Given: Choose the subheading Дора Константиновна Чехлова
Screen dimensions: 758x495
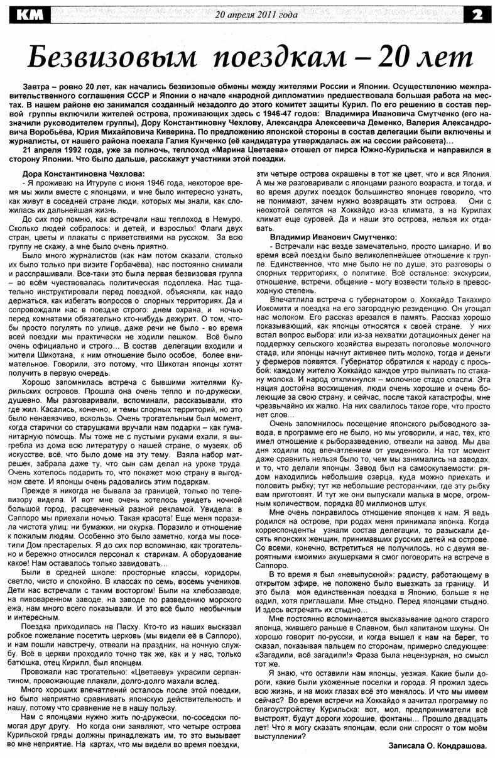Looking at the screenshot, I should pyautogui.click(x=83, y=173).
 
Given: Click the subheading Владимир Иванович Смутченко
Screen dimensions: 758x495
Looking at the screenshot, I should pyautogui.click(x=332, y=238).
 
